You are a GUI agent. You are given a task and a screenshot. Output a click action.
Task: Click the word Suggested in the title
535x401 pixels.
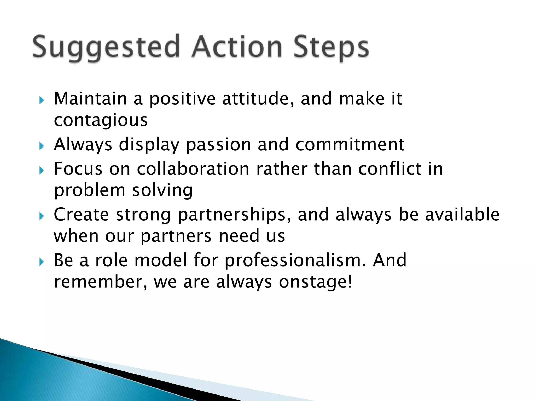tap(106, 47)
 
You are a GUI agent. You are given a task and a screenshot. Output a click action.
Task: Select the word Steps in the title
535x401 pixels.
tap(331, 47)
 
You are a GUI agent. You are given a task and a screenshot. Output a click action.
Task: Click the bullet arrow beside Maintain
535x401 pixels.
tap(41, 100)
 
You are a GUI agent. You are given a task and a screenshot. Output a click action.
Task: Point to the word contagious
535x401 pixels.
tap(101, 120)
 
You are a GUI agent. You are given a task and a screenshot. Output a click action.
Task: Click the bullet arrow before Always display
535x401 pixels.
tap(41, 146)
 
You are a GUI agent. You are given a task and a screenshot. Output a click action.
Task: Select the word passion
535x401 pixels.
tap(218, 145)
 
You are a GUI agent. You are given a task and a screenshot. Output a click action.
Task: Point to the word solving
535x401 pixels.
tap(162, 191)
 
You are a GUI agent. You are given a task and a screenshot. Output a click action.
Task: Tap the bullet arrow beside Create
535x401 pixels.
tap(41, 216)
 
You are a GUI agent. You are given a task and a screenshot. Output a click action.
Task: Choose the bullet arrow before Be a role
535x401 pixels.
tap(41, 262)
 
